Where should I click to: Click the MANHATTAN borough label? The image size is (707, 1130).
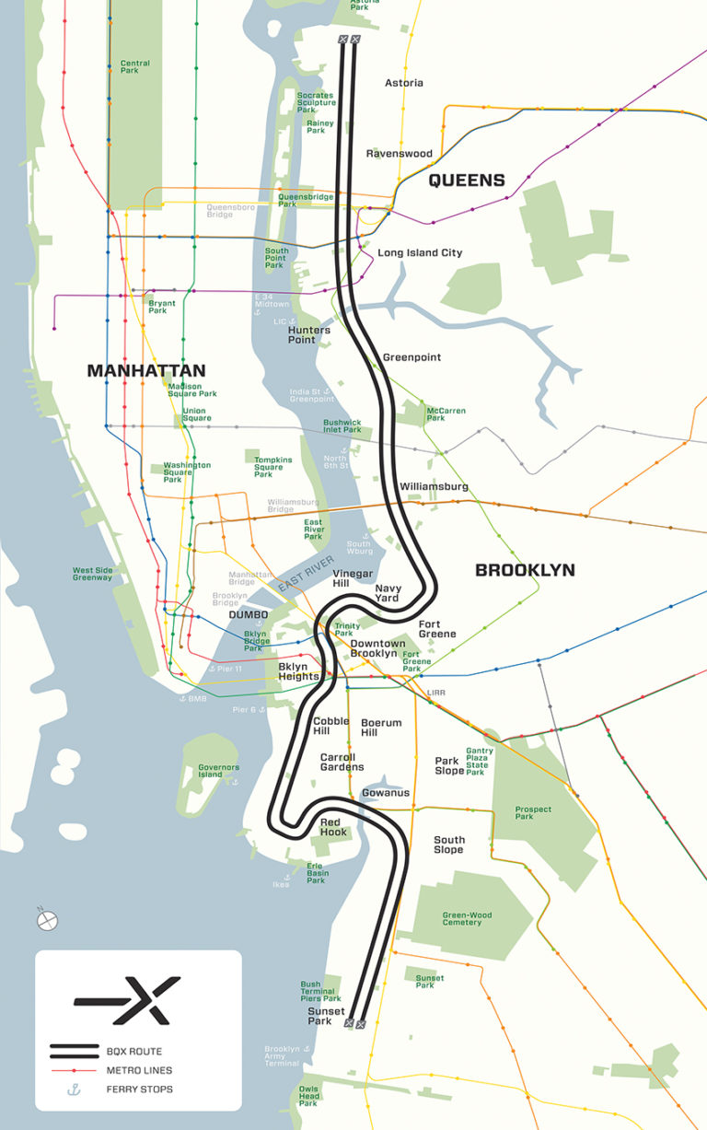(145, 370)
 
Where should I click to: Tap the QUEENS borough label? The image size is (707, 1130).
(467, 180)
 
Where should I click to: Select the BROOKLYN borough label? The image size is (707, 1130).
(525, 570)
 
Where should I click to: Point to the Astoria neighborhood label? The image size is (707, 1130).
(403, 83)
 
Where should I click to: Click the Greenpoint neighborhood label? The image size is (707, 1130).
(411, 357)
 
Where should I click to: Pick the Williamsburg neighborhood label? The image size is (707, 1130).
(434, 486)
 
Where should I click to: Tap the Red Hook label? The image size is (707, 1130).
(333, 826)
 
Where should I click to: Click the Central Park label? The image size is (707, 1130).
(135, 67)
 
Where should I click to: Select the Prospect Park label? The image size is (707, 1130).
(533, 813)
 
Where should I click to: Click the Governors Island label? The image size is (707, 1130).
(219, 771)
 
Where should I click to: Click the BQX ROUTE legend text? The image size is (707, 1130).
(141, 1051)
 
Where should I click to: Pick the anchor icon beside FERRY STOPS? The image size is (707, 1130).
(75, 1089)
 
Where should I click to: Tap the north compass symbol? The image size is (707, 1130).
(47, 919)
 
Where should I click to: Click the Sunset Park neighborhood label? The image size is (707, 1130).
(326, 1016)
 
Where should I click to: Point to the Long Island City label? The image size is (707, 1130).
(420, 252)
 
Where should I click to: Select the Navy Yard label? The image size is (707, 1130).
(387, 592)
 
